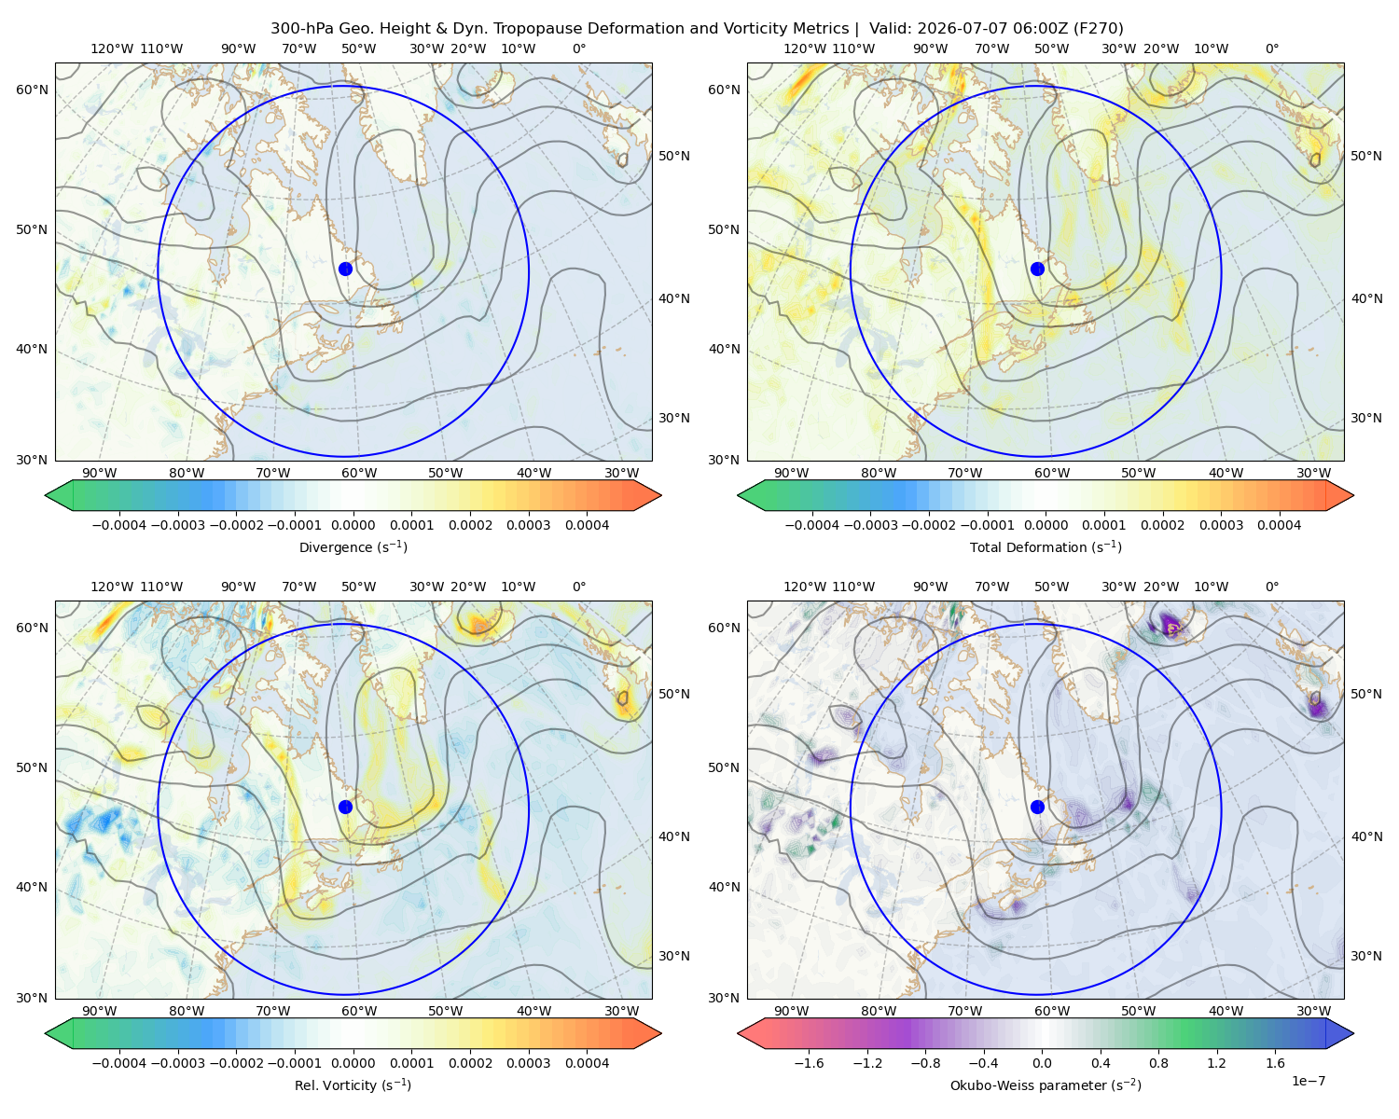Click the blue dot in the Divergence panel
click(x=345, y=269)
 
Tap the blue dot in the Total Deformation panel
click(x=1037, y=269)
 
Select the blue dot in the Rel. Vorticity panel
click(x=345, y=807)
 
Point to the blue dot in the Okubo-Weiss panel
click(x=1037, y=807)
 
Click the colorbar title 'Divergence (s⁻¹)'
click(x=353, y=546)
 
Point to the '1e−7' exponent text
click(x=1308, y=1081)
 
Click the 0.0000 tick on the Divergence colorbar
click(x=353, y=525)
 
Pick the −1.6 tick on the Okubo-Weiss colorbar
click(x=809, y=1063)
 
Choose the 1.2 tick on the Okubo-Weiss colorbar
click(x=1216, y=1063)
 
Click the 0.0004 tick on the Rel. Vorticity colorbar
click(x=587, y=1063)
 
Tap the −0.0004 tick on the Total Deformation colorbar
click(x=812, y=525)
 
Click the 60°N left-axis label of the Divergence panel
click(x=32, y=90)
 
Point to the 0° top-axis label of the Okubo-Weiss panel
click(x=1271, y=587)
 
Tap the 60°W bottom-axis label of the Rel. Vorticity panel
click(x=359, y=1011)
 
